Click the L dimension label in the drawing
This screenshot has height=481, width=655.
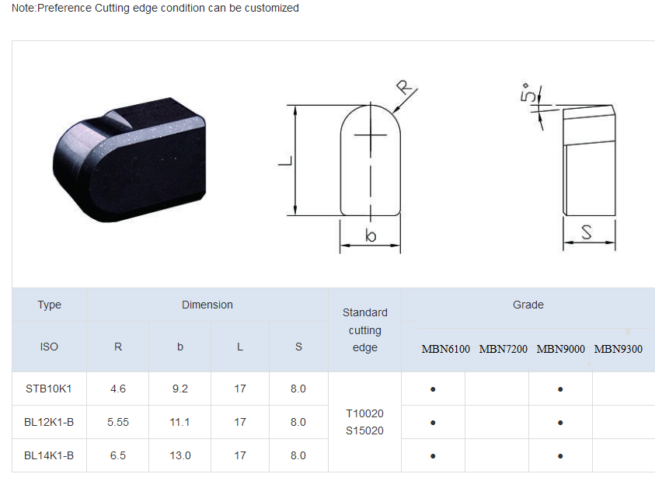click(x=285, y=161)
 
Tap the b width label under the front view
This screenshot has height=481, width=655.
click(x=371, y=235)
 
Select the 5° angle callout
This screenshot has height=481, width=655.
click(x=528, y=95)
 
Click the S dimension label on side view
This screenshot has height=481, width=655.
click(x=587, y=232)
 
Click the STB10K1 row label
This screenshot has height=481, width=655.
click(x=49, y=389)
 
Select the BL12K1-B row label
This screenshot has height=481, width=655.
click(x=49, y=422)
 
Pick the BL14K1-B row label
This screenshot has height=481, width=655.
click(x=49, y=455)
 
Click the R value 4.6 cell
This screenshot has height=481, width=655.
click(x=118, y=389)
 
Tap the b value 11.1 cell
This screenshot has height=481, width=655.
click(x=179, y=422)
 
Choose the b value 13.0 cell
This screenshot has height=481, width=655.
click(x=179, y=455)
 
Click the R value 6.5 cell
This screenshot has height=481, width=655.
click(x=118, y=455)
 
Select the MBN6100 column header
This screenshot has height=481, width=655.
click(x=446, y=349)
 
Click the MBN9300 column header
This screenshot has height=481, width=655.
click(x=618, y=349)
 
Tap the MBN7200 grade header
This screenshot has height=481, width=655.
click(x=503, y=349)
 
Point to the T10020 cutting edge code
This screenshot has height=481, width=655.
click(x=364, y=413)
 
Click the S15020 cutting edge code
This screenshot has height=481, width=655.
click(x=364, y=430)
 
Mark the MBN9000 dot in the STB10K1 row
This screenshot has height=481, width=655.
click(x=560, y=389)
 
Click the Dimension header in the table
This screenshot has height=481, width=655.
click(x=207, y=305)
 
